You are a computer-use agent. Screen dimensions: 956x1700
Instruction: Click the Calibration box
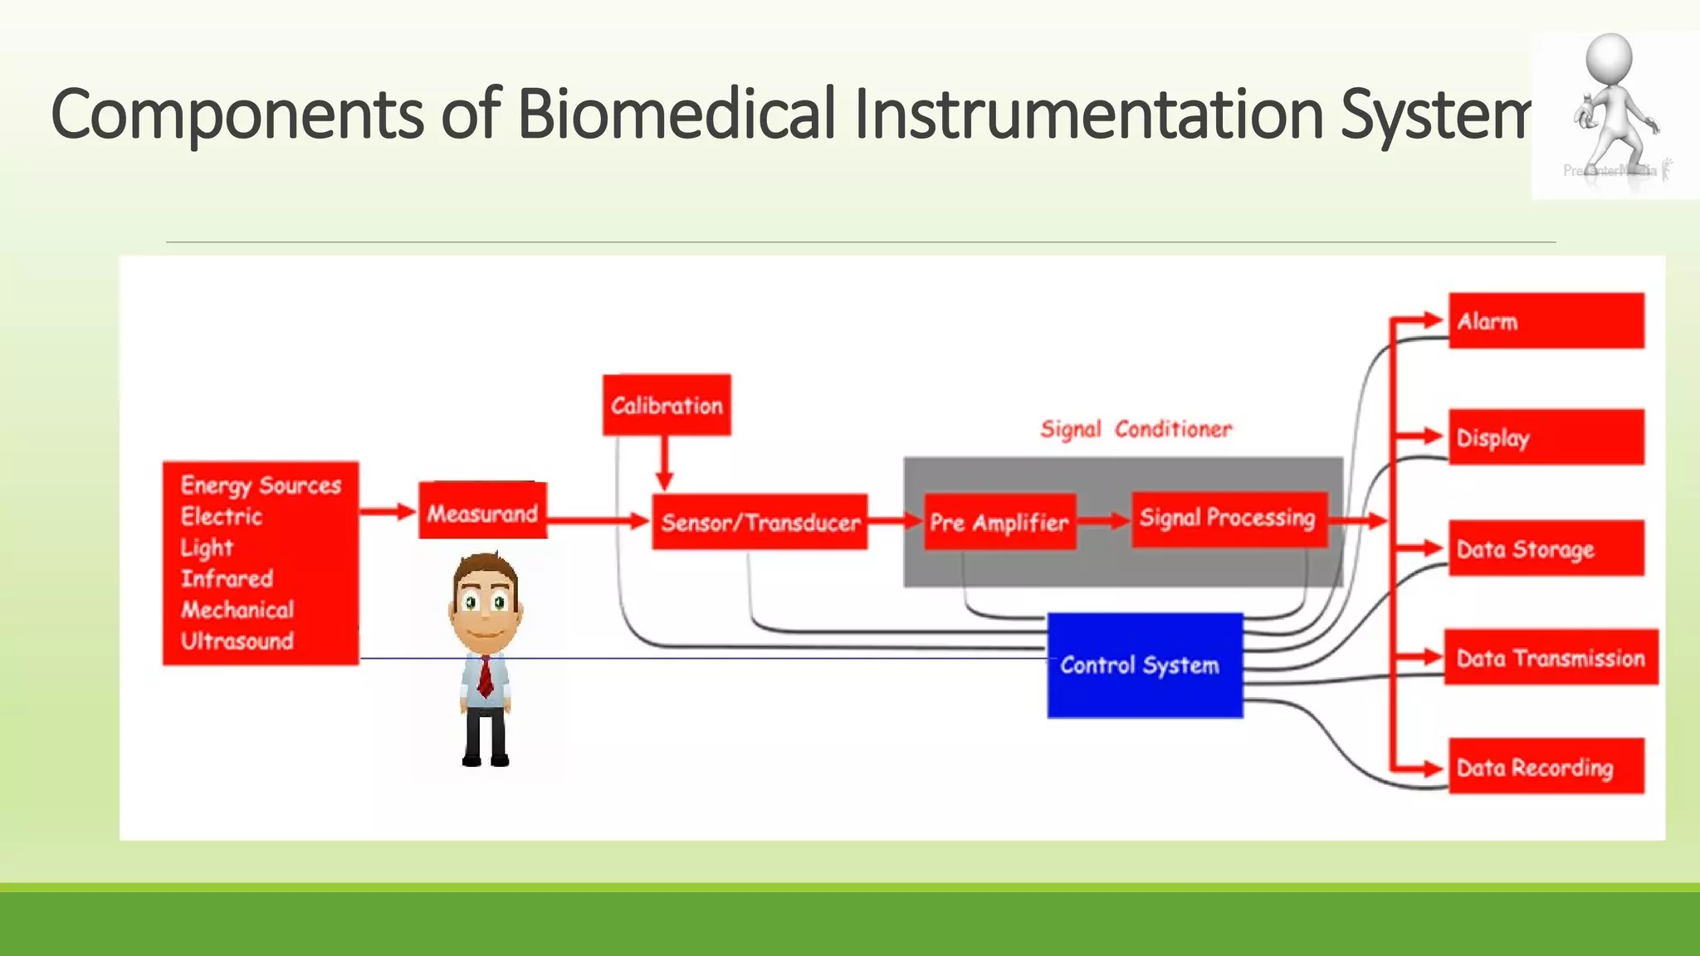point(667,405)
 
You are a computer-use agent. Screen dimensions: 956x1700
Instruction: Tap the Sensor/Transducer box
point(760,522)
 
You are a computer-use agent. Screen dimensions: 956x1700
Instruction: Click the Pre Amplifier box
point(999,522)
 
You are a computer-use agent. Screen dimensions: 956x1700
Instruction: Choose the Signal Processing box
point(1229,519)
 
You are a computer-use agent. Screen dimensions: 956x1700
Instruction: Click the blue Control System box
point(1145,666)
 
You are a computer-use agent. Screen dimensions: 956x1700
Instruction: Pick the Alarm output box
point(1546,321)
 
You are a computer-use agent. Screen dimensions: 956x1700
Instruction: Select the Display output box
point(1546,437)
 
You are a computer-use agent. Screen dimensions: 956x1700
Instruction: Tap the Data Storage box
point(1546,549)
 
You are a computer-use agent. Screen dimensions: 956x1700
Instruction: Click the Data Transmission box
point(1551,658)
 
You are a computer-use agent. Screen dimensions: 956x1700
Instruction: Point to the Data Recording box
point(1546,767)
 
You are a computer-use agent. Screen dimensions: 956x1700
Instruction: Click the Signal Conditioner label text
point(1136,429)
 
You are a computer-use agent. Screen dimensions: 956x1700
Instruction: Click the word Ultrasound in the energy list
point(237,641)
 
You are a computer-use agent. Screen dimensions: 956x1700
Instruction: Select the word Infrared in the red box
point(227,578)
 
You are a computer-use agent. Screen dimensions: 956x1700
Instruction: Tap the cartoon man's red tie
point(486,676)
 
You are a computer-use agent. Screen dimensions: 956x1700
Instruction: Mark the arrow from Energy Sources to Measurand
point(388,511)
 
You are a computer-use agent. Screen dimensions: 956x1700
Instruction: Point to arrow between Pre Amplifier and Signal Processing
point(1103,521)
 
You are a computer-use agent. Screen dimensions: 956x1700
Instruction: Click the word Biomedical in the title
point(677,114)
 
